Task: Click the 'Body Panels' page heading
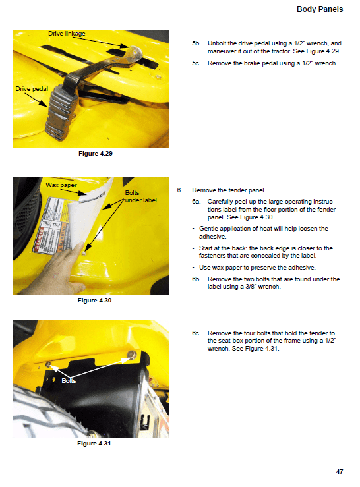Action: coord(320,11)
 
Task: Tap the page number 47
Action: coord(338,471)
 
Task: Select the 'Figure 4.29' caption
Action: coord(95,154)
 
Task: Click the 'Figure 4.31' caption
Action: coord(95,444)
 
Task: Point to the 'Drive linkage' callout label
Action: coord(67,33)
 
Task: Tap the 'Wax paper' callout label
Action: coord(61,185)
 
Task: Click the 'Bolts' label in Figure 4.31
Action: coord(69,380)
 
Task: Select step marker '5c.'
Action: coord(196,63)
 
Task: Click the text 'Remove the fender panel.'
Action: coord(228,190)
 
